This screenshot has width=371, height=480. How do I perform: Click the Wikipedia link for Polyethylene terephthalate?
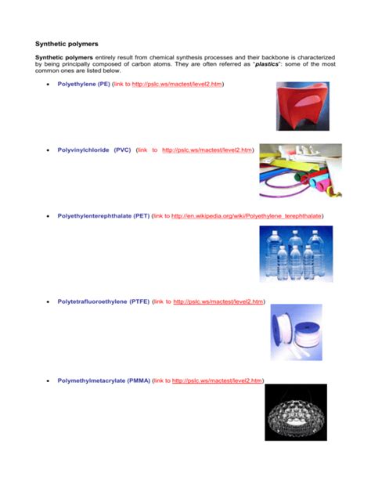[x=247, y=215]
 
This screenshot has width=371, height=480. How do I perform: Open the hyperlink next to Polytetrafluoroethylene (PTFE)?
[x=218, y=301]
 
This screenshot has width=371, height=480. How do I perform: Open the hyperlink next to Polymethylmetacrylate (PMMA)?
[x=218, y=381]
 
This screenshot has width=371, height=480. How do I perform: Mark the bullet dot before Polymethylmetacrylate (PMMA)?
[x=49, y=381]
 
